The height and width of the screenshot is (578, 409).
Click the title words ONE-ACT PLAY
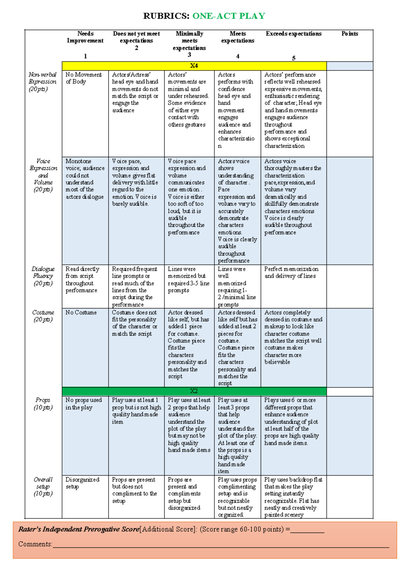[229, 16]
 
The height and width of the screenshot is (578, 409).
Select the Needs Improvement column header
[85, 37]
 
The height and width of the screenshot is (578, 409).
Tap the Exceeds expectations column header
[293, 34]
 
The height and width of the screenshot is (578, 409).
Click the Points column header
[350, 34]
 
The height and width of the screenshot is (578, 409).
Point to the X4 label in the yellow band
[194, 66]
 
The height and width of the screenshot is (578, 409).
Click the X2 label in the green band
[194, 391]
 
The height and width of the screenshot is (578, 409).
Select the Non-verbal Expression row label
[43, 82]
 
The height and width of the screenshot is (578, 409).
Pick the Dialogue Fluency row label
[43, 276]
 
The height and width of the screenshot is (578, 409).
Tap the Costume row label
[43, 316]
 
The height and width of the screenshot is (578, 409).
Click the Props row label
[43, 404]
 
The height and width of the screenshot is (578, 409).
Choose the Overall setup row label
[43, 486]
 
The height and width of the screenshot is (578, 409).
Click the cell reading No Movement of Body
[84, 78]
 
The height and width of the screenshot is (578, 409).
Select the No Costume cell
[81, 313]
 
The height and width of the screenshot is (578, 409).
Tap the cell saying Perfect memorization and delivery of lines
[291, 272]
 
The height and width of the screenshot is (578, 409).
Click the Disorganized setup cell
[82, 483]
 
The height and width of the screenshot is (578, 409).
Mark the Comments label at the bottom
[35, 544]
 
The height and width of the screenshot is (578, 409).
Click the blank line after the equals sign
[307, 530]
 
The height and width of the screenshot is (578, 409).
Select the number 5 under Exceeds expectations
[293, 58]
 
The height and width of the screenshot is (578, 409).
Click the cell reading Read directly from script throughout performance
[82, 279]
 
